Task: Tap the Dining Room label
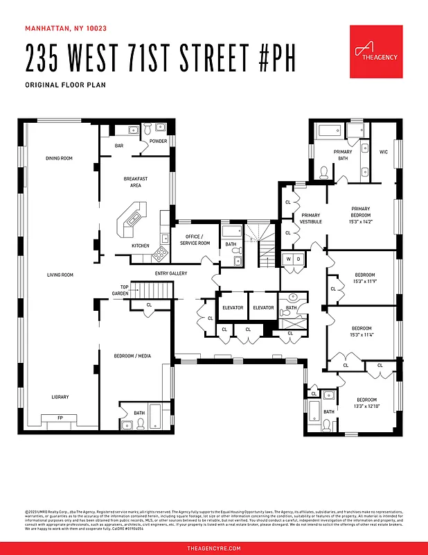click(x=59, y=158)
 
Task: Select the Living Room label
click(x=60, y=275)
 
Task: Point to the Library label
click(x=60, y=397)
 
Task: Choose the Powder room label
click(x=158, y=142)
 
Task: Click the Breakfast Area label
click(x=136, y=182)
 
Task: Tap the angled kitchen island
click(x=132, y=218)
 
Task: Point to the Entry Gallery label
click(x=171, y=273)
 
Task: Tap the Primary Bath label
click(x=343, y=155)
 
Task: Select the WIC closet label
click(x=383, y=151)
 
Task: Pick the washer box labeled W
click(x=289, y=259)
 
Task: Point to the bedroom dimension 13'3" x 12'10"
click(x=366, y=407)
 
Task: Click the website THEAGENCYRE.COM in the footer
click(x=214, y=548)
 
